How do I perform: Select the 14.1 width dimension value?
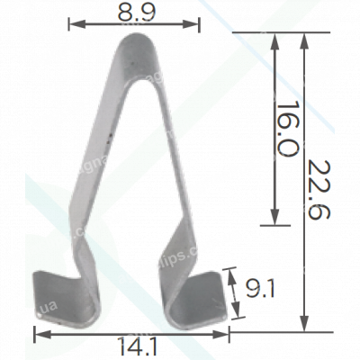coord(132,346)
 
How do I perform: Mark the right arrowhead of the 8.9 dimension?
coord(195,26)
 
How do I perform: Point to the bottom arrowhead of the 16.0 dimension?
coord(275,221)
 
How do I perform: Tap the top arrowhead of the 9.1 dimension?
coord(236,270)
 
